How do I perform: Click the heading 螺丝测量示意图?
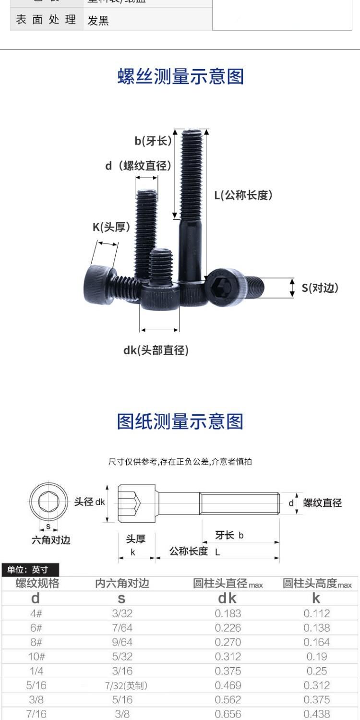coord(180,77)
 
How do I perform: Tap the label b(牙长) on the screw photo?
coord(153,141)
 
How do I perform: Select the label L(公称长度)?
coord(243,195)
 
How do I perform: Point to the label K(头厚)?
coord(111,227)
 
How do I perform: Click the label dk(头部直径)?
coord(156,350)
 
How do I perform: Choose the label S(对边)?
coord(320,288)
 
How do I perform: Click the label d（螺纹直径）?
coord(138,166)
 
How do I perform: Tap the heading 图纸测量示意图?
coord(180,421)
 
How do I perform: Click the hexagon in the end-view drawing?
coord(48,502)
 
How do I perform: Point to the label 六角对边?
coord(50,540)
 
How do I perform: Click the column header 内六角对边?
coord(122,583)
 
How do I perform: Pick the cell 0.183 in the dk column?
coord(228,613)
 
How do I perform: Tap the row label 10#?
coord(36,657)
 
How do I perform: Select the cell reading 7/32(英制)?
coord(126,686)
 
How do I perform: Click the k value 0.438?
coord(316,714)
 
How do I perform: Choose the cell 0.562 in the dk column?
coord(228,700)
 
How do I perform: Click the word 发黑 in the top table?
coord(98,21)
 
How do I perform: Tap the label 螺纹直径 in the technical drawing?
coord(322,503)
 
